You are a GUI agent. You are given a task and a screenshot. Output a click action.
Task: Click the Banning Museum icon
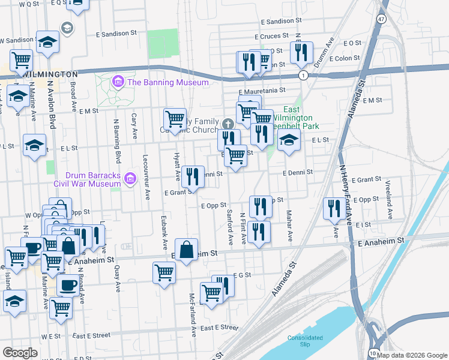click(x=118, y=82)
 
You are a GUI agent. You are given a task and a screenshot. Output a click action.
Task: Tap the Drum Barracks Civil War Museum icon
click(x=130, y=178)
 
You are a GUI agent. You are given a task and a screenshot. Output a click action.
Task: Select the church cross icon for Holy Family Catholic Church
click(x=228, y=124)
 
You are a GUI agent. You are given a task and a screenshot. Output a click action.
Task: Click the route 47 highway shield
click(x=382, y=19)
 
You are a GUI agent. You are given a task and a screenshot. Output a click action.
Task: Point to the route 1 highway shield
click(x=304, y=75)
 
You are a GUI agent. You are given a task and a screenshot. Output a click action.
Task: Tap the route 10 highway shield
click(x=375, y=353)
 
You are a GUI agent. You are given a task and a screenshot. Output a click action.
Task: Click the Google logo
click(x=20, y=353)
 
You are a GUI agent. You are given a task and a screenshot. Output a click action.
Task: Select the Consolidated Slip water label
click(x=305, y=340)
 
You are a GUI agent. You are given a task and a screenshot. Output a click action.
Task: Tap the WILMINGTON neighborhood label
click(x=44, y=73)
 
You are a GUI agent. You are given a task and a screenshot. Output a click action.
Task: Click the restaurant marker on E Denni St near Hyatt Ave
click(x=193, y=176)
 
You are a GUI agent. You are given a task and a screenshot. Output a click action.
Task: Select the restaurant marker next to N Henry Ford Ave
click(x=333, y=208)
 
